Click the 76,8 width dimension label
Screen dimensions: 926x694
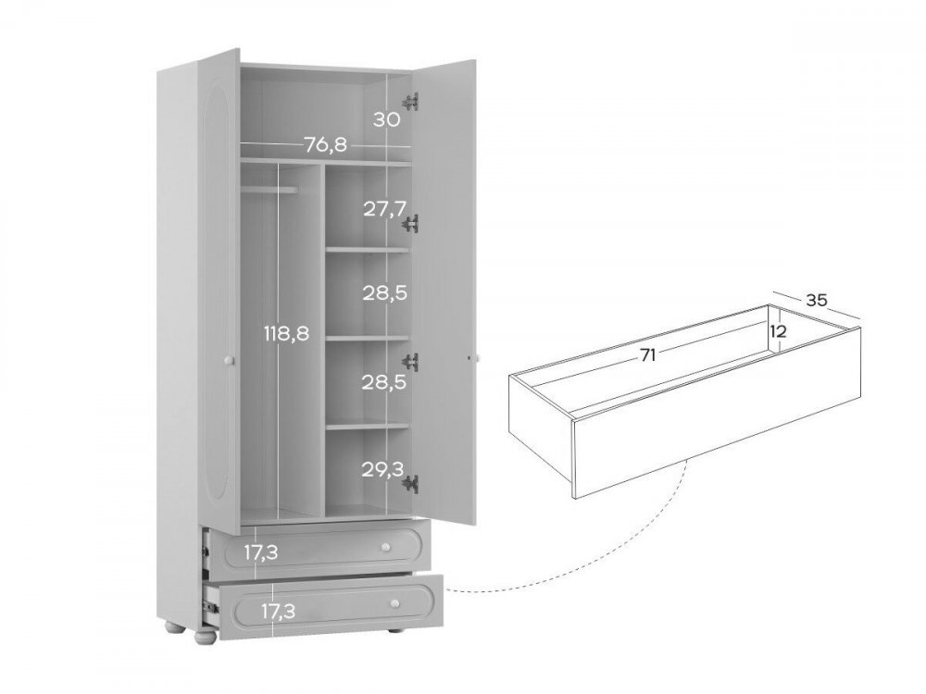click(325, 144)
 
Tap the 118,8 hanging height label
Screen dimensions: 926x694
click(286, 333)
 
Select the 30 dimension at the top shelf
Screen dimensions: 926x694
click(387, 119)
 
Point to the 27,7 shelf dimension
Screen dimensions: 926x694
click(385, 208)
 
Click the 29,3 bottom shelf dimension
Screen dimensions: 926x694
click(383, 469)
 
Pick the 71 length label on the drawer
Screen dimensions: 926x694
click(648, 354)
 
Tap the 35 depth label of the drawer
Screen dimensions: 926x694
click(816, 300)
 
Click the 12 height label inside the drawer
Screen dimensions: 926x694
click(779, 331)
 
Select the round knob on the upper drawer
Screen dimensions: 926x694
click(386, 548)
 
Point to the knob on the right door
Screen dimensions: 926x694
click(477, 358)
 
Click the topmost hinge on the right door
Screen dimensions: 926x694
click(410, 102)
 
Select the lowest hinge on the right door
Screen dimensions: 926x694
click(410, 484)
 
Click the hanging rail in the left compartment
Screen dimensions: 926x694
click(269, 189)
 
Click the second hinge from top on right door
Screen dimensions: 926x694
click(410, 224)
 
